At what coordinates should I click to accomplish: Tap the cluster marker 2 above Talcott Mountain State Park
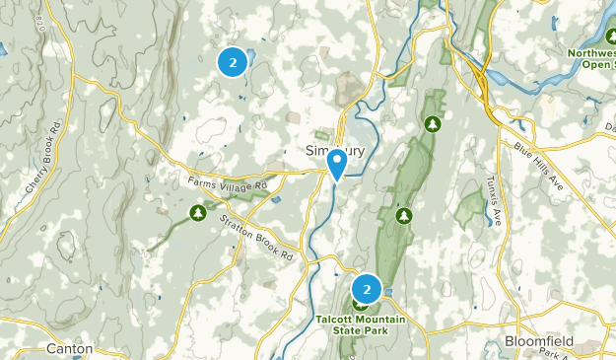[x=367, y=289]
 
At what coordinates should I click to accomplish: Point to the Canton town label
[x=69, y=348]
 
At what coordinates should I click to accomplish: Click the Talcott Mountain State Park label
[x=352, y=324]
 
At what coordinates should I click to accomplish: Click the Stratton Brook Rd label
[x=257, y=238]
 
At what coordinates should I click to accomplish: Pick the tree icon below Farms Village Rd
[x=198, y=212]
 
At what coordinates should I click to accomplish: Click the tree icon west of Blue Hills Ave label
[x=432, y=123]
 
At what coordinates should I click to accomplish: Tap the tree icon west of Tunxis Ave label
[x=403, y=215]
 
